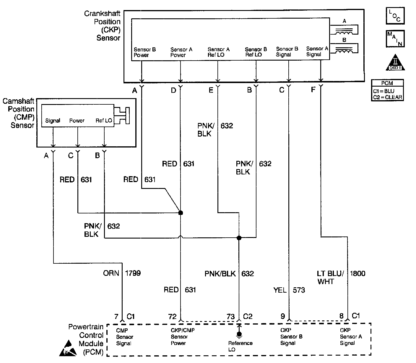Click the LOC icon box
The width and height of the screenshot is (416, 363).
(x=395, y=16)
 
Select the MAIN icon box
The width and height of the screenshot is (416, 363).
(x=395, y=39)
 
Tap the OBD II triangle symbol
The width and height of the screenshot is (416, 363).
(x=395, y=63)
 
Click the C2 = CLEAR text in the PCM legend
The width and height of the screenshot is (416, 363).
(x=387, y=97)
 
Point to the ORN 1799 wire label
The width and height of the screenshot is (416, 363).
(x=122, y=273)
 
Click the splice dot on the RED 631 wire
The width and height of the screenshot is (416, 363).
(x=181, y=213)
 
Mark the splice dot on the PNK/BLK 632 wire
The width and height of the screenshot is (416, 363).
(x=239, y=237)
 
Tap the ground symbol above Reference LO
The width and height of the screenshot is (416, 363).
(x=239, y=334)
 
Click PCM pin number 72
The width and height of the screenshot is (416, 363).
(x=172, y=317)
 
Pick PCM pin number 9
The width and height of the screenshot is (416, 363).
(x=283, y=317)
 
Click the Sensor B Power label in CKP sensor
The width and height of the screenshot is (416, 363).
(x=144, y=52)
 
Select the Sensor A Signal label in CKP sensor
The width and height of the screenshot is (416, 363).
(x=317, y=51)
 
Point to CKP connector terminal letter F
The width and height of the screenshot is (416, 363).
(x=313, y=90)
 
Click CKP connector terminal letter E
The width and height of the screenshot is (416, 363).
(x=211, y=90)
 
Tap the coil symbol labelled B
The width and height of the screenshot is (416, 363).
(x=344, y=48)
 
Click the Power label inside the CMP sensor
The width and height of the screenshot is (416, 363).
(x=77, y=121)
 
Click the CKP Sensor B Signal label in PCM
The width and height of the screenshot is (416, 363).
(x=291, y=337)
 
